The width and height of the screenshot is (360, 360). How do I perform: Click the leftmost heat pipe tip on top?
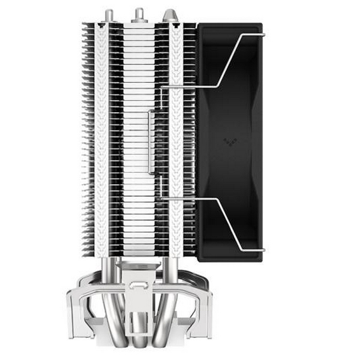(x=109, y=15)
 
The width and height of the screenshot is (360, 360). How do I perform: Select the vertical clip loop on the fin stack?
(x=151, y=142)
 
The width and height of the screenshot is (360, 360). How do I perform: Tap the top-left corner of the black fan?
(x=199, y=25)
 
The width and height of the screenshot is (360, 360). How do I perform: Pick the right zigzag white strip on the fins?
(x=176, y=138)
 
